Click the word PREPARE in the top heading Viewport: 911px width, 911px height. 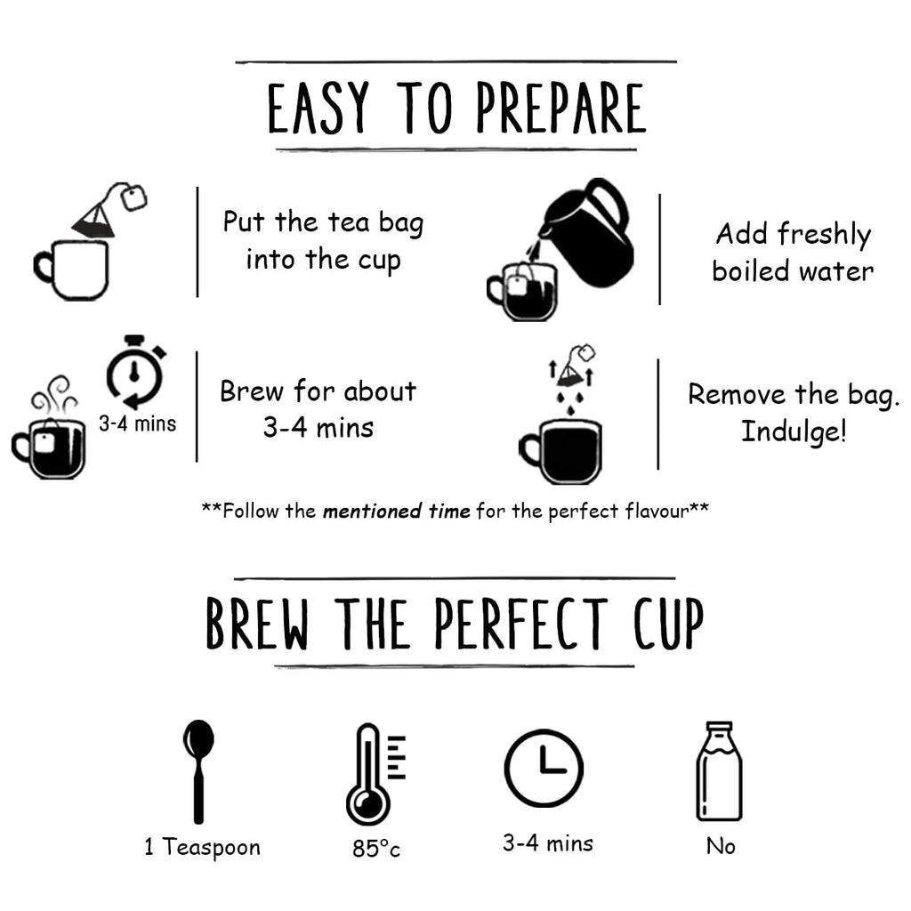560,108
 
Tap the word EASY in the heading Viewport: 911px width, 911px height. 318,108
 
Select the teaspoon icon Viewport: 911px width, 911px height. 198,771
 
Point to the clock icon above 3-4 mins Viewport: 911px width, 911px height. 544,768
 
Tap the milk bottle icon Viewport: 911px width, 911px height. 719,771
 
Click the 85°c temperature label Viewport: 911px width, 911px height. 376,849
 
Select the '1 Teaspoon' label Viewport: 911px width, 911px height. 202,847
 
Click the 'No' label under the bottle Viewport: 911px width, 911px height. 721,847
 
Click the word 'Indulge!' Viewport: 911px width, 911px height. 794,431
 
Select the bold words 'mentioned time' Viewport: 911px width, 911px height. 396,512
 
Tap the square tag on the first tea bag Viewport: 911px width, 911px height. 134,198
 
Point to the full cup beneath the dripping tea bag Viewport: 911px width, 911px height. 560,452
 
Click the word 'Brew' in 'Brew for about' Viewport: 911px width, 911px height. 251,391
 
